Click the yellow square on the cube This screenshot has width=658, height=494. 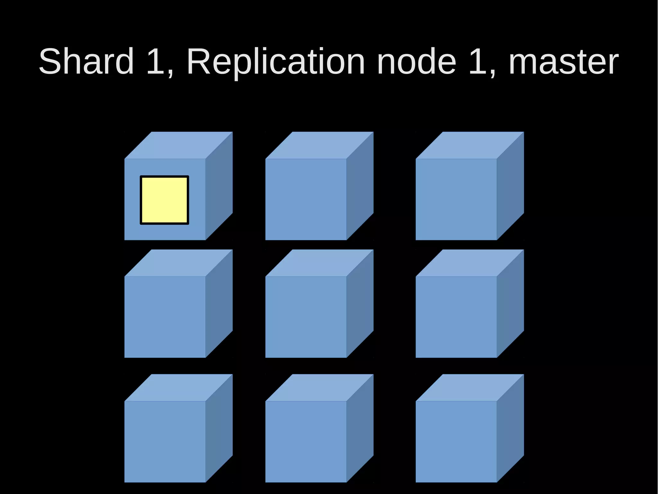[x=164, y=200]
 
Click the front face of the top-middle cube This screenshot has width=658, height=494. [x=306, y=199]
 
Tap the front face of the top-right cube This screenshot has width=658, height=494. [x=456, y=199]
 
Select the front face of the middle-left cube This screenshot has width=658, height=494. [x=165, y=317]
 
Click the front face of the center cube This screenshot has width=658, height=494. [x=306, y=317]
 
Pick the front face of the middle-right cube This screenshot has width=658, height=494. [x=456, y=317]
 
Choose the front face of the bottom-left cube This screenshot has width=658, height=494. [x=165, y=442]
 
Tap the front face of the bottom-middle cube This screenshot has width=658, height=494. [x=306, y=442]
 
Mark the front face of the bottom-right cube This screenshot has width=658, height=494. [x=456, y=442]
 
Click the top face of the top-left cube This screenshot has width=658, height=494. [x=178, y=145]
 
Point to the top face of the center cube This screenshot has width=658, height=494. [x=319, y=263]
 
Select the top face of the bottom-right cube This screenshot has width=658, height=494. [x=470, y=387]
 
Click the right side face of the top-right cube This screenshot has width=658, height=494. [x=510, y=186]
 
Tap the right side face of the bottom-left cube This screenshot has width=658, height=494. [x=219, y=428]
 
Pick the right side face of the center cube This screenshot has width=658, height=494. [x=360, y=303]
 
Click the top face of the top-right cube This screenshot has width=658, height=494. [x=470, y=145]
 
